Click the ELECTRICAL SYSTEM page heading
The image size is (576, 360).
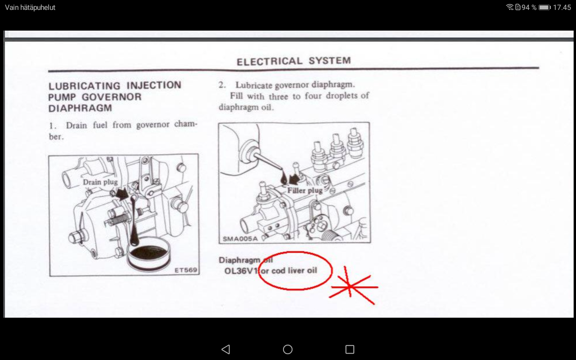[294, 61]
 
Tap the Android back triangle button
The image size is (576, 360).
[225, 349]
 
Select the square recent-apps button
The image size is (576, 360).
[350, 349]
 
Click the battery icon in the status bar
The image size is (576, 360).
[544, 7]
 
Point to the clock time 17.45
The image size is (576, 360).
[562, 7]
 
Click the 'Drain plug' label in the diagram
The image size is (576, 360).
[100, 182]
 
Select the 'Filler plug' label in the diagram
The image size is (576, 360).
[305, 190]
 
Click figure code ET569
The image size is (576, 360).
[186, 270]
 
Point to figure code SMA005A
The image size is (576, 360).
[240, 238]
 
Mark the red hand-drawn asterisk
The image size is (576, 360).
[353, 286]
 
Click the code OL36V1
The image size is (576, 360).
[241, 271]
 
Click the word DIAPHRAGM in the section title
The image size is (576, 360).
[80, 108]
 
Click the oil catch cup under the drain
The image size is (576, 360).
[148, 254]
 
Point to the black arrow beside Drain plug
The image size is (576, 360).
[122, 194]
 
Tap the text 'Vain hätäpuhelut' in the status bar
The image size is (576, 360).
[30, 8]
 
